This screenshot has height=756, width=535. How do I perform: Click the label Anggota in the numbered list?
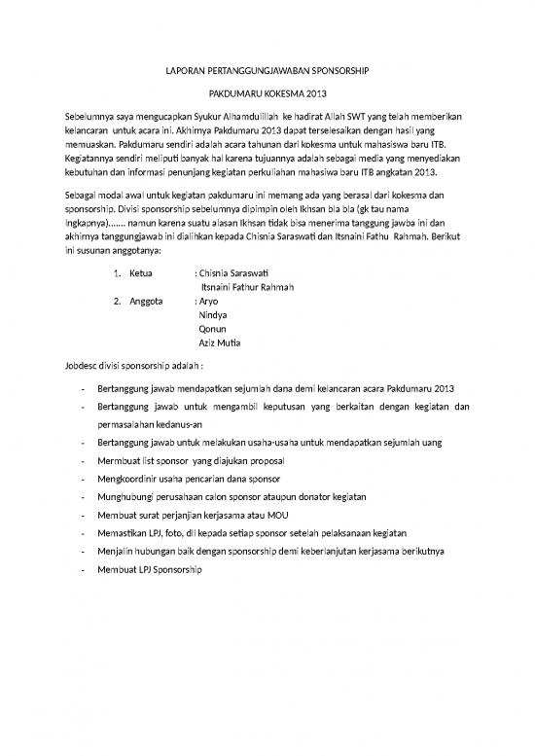pyautogui.click(x=147, y=302)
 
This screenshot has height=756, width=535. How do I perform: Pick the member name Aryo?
pyautogui.click(x=209, y=302)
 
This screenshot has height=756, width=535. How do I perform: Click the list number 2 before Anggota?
pyautogui.click(x=117, y=302)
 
